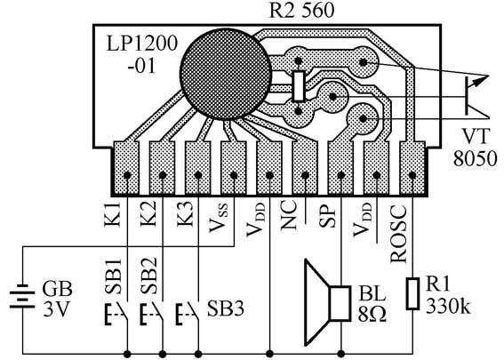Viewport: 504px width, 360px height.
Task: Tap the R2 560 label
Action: click(x=301, y=11)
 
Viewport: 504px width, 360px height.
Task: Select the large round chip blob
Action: click(x=225, y=75)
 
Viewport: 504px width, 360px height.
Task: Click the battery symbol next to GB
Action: click(x=22, y=296)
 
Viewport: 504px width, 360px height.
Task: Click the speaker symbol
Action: click(x=327, y=303)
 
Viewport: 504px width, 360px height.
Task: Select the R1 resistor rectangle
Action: click(x=412, y=294)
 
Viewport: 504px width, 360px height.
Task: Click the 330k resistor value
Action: click(x=448, y=306)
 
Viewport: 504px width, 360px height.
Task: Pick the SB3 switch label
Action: click(x=225, y=308)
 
